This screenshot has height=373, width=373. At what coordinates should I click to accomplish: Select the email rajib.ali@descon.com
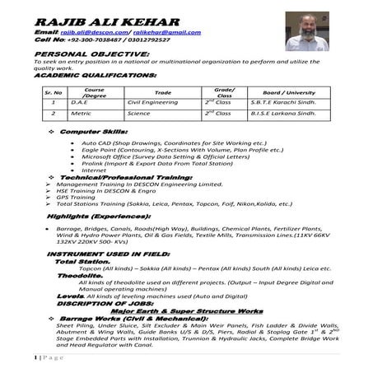pyautogui.click(x=86, y=32)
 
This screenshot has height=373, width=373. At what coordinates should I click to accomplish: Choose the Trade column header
pyautogui.click(x=163, y=92)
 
